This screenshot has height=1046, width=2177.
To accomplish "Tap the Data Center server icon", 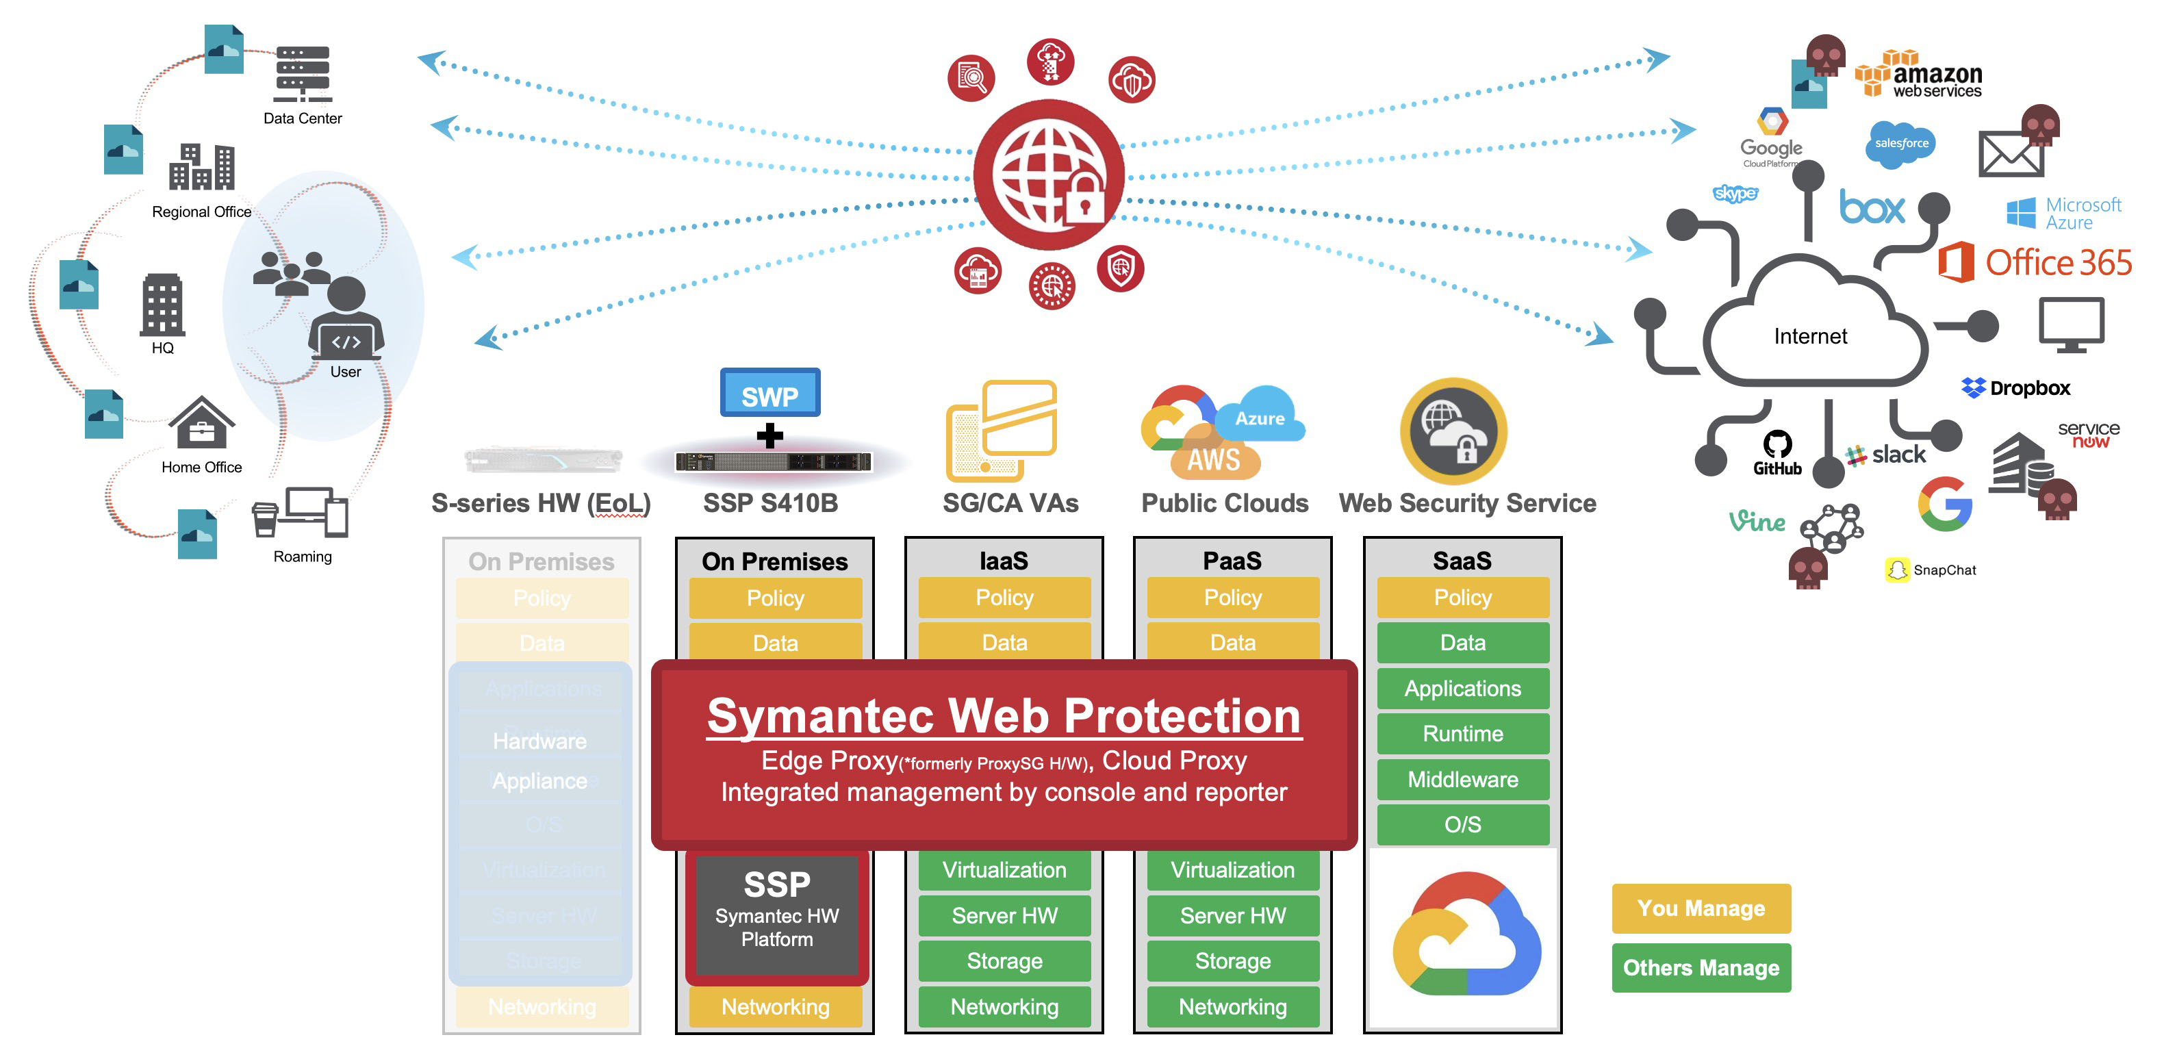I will tap(303, 75).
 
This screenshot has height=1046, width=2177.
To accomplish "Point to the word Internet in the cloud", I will tap(1810, 336).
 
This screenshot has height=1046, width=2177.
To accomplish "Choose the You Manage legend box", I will tap(1701, 908).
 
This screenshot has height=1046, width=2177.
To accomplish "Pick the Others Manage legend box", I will tap(1701, 967).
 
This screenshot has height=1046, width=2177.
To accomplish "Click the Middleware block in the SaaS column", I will tap(1462, 779).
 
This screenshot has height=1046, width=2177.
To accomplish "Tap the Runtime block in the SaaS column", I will tap(1462, 733).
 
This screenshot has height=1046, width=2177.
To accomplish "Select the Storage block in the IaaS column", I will tap(1004, 960).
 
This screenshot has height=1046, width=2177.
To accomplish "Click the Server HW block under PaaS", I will tap(1232, 915).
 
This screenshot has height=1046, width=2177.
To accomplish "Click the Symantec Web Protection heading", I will tap(1004, 717).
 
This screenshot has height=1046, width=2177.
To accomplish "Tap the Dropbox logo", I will tap(2015, 388).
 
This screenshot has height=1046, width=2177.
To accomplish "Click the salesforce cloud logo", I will tap(1900, 144).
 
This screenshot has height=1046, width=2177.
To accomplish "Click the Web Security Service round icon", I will tap(1453, 431).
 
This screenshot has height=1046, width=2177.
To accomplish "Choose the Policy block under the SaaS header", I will tap(1462, 598).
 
